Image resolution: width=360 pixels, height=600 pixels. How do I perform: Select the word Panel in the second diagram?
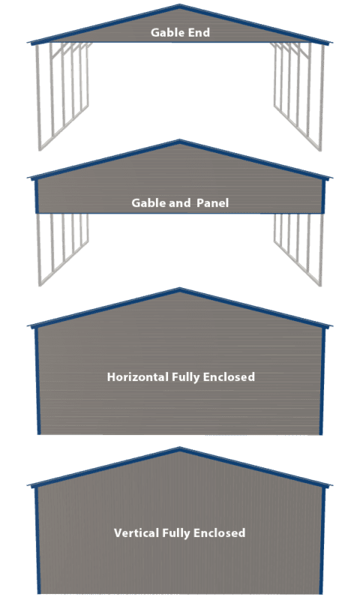(x=213, y=202)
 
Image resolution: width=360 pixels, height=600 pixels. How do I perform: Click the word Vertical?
(x=136, y=532)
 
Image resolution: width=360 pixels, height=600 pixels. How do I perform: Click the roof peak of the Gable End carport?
(x=180, y=5)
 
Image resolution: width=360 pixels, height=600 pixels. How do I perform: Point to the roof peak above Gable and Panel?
(x=180, y=141)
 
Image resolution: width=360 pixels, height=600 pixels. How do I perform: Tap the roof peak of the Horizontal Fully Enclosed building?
(x=180, y=289)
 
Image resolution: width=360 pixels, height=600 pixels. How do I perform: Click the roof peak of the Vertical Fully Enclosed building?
(x=180, y=448)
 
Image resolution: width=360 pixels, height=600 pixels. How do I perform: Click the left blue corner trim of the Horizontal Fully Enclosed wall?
(x=37, y=382)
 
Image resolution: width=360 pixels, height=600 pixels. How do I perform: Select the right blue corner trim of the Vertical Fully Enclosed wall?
(x=323, y=541)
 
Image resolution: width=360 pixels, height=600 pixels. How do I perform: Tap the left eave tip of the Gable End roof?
(x=28, y=42)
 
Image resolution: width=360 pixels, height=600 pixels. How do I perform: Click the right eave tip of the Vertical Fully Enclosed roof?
(x=331, y=485)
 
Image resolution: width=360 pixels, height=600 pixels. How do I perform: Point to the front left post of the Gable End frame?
(x=38, y=97)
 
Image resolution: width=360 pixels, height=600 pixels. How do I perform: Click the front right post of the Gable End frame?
(x=322, y=97)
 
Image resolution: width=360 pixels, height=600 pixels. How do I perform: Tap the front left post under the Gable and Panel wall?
(x=39, y=250)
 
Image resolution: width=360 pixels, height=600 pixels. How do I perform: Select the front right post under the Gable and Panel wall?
(x=321, y=250)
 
